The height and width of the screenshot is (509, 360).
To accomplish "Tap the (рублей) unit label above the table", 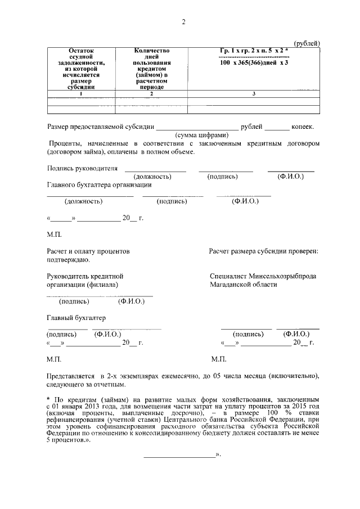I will [x=307, y=43].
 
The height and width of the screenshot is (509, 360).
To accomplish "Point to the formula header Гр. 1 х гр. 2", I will [x=254, y=51].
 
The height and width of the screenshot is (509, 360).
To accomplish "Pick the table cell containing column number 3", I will [x=254, y=93].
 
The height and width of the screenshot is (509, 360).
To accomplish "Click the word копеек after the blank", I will [x=303, y=127].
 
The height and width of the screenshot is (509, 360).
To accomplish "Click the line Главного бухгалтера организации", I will [x=99, y=184].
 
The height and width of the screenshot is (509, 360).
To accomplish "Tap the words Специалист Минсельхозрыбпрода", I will [x=263, y=276].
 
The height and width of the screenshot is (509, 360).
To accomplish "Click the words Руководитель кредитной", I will [x=85, y=276].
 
